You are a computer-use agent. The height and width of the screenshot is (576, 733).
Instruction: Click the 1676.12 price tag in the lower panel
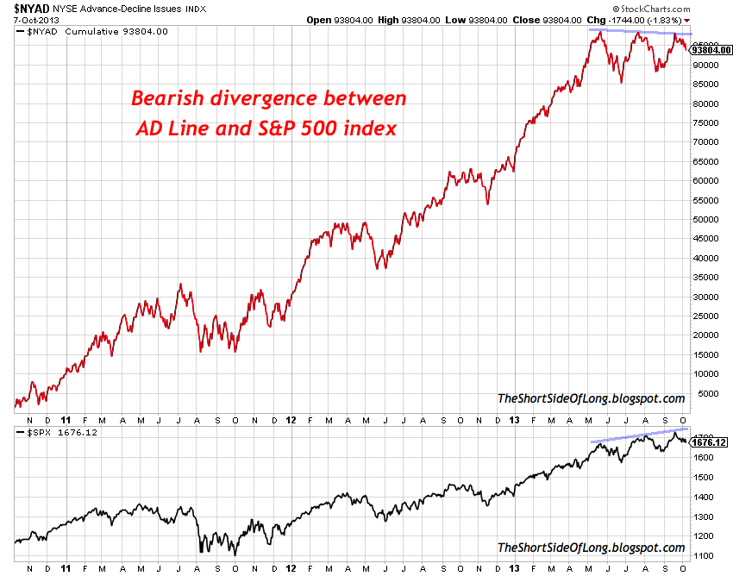click(x=710, y=442)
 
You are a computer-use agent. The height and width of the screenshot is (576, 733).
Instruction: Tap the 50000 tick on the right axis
click(x=705, y=219)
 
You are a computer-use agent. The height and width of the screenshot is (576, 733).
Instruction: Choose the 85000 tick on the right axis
click(x=705, y=84)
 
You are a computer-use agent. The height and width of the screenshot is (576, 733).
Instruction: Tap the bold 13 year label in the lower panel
click(x=513, y=568)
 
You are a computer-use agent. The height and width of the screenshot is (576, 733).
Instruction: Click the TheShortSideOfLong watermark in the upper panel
click(x=591, y=398)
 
